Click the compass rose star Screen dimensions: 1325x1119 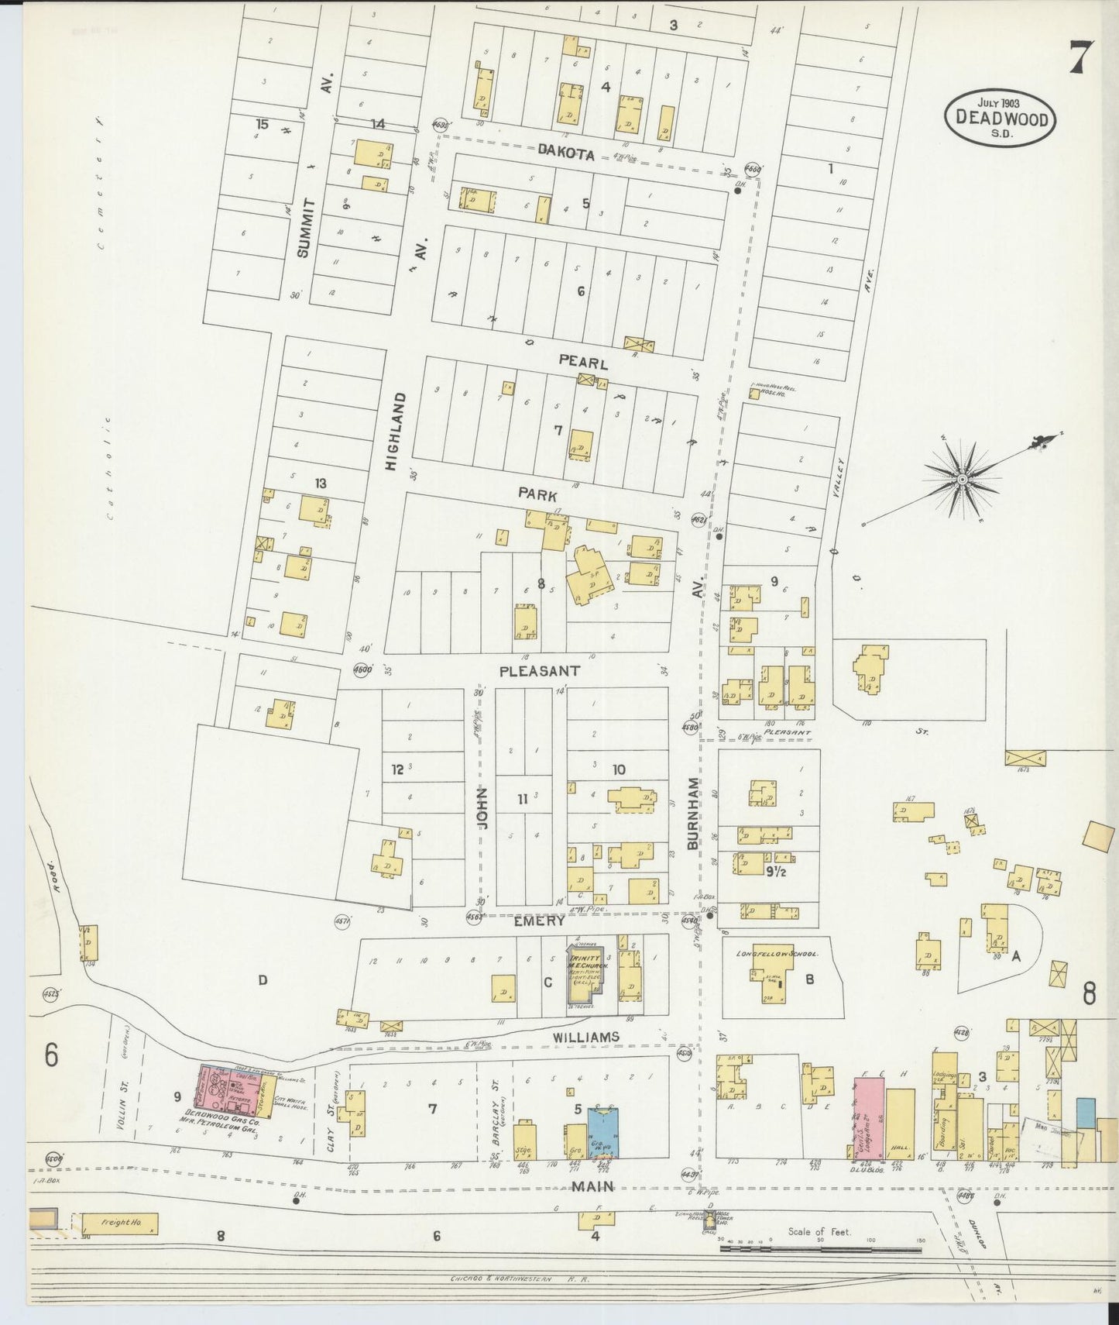coord(962,480)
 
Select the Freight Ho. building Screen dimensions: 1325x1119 coord(118,1223)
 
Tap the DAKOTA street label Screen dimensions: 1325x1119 coord(566,154)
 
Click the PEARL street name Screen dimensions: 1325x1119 coord(582,363)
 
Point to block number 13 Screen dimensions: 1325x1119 coord(320,484)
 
